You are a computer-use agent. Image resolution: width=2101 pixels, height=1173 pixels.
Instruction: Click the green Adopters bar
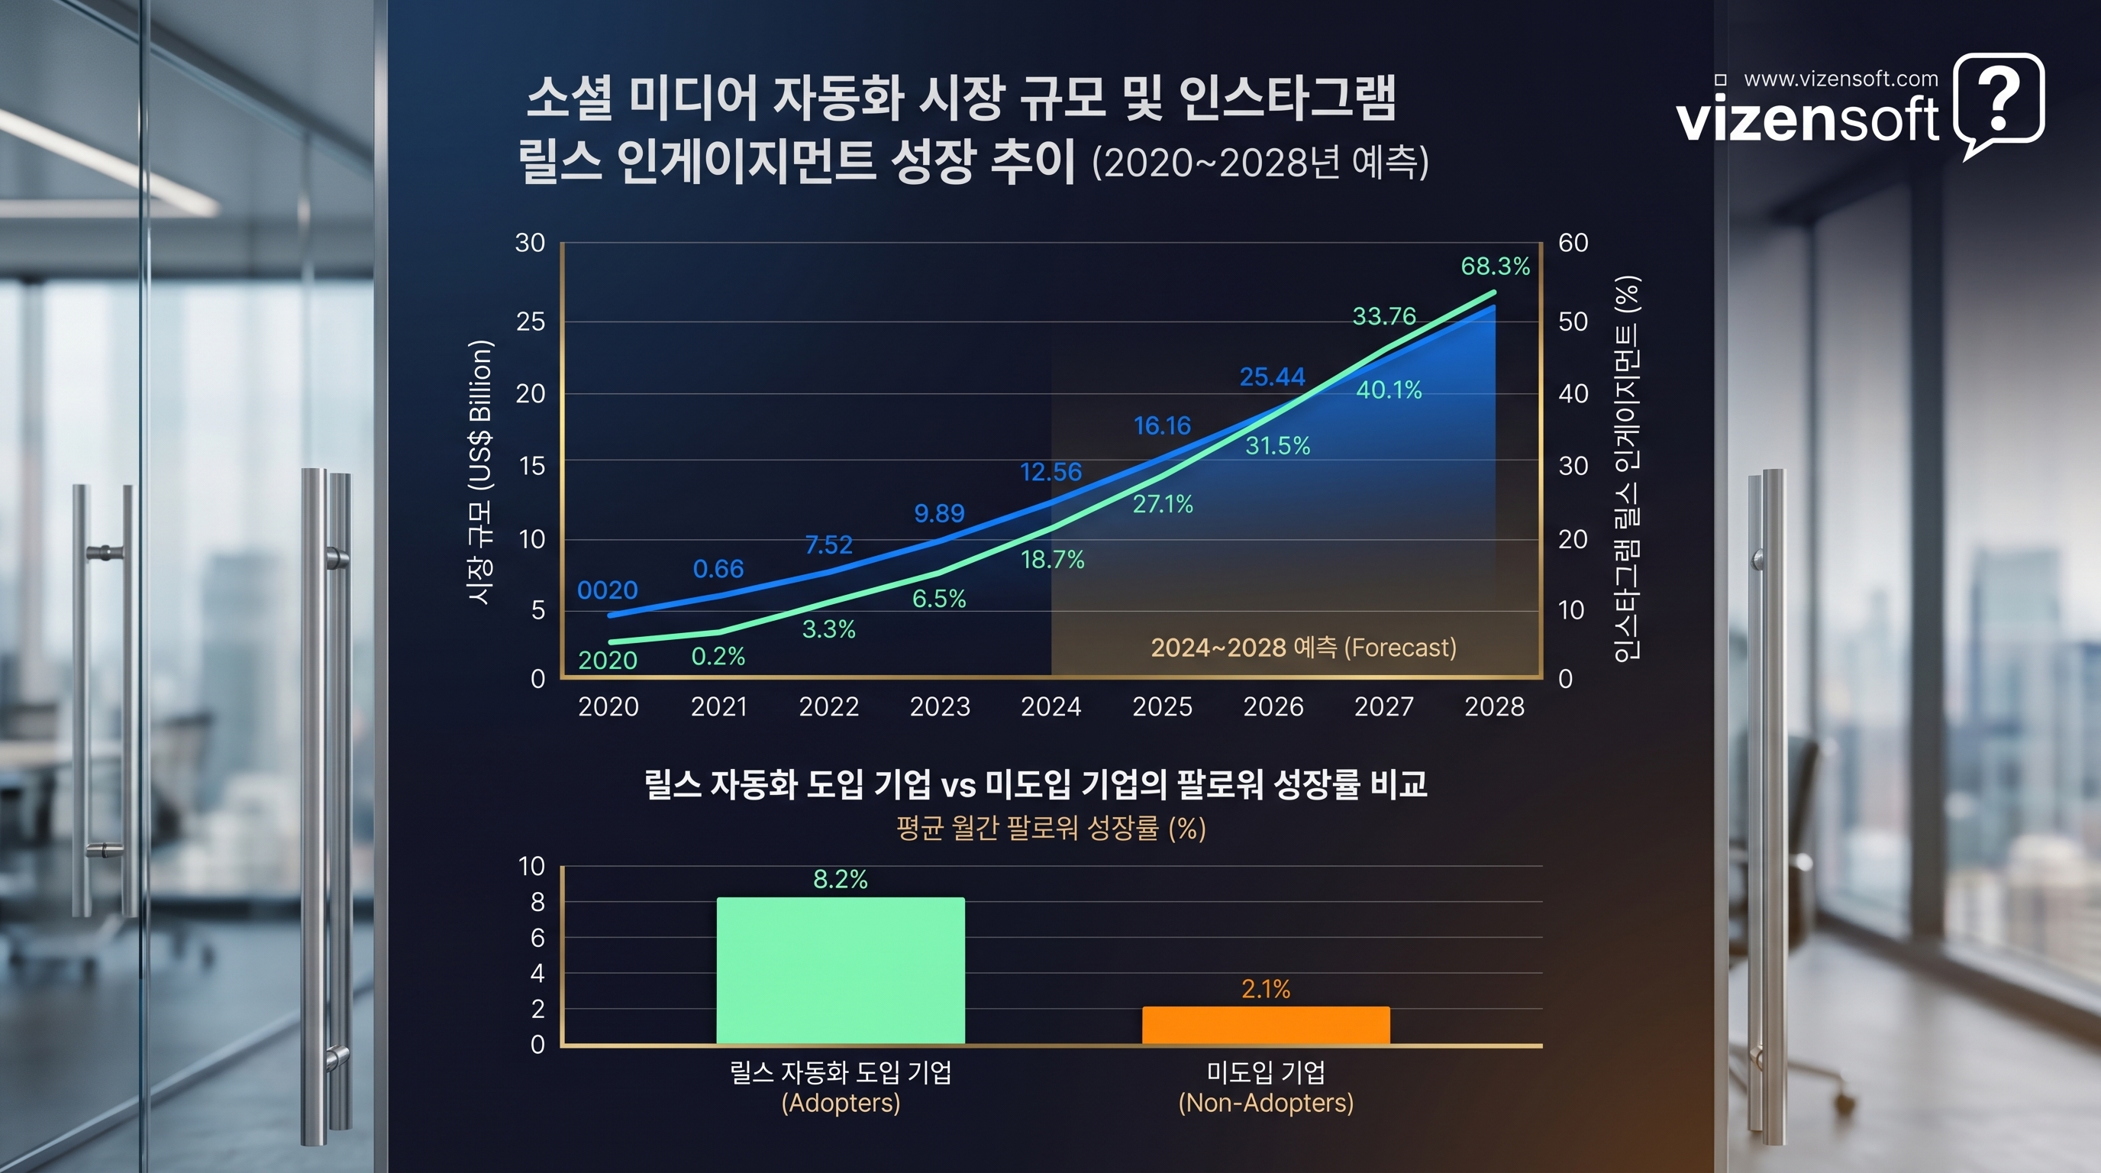[x=840, y=970]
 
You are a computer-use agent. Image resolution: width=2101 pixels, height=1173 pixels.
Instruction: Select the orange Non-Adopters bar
[x=1265, y=1025]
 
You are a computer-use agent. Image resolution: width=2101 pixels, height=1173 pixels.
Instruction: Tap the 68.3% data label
[x=1494, y=266]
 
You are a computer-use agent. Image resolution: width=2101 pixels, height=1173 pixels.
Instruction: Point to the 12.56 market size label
[x=1050, y=471]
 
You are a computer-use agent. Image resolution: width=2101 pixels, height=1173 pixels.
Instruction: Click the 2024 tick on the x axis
[x=1050, y=706]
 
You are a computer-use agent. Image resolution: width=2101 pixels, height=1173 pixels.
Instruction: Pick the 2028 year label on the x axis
[x=1493, y=706]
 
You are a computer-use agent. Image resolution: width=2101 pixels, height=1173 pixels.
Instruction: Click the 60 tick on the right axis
[x=1573, y=243]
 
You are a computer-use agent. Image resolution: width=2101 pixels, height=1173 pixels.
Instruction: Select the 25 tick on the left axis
[x=530, y=322]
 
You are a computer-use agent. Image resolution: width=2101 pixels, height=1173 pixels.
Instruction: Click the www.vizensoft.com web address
[x=1840, y=79]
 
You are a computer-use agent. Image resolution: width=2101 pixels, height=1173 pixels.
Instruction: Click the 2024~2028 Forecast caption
[x=1302, y=648]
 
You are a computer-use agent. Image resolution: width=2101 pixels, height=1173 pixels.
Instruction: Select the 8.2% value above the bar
[x=840, y=879]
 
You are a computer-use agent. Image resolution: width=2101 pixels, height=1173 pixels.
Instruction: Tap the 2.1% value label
[x=1265, y=990]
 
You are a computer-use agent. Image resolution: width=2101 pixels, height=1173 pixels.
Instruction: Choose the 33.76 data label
[x=1383, y=315]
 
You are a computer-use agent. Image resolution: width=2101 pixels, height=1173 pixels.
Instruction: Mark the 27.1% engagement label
[x=1162, y=504]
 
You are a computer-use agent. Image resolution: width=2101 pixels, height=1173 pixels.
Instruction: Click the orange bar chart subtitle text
[x=1050, y=829]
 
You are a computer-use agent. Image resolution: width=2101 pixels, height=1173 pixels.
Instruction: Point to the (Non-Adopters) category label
[x=1265, y=1103]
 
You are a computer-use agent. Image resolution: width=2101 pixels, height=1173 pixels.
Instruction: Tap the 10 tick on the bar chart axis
[x=532, y=866]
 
